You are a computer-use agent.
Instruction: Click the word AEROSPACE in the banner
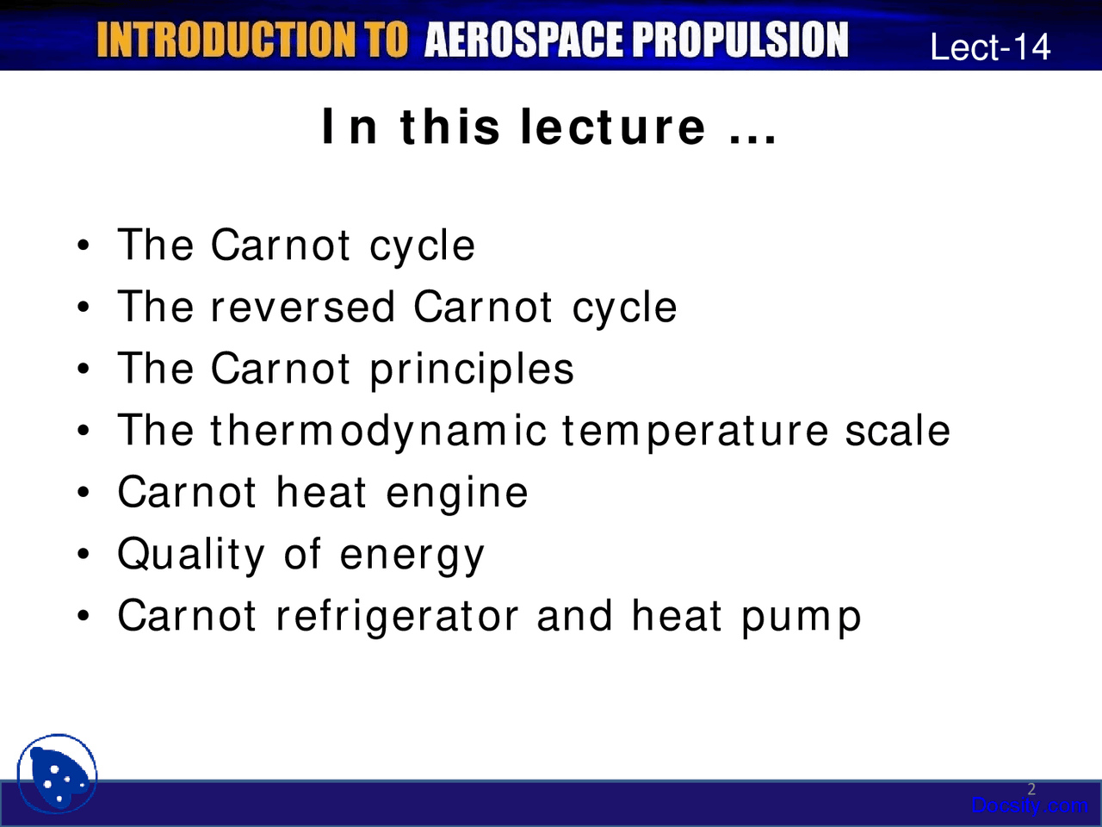[523, 40]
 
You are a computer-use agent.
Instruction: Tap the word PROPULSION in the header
[740, 40]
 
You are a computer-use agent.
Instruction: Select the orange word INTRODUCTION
[226, 40]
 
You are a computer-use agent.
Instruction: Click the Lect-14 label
[990, 47]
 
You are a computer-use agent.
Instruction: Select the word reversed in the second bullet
[303, 307]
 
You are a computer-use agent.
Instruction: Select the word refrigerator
[398, 618]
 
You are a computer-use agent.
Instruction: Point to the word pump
[802, 620]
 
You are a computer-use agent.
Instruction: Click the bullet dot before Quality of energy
[84, 553]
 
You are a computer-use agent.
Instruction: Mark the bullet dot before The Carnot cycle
[84, 245]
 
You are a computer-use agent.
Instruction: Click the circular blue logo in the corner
[57, 774]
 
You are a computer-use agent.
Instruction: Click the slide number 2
[1031, 789]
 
